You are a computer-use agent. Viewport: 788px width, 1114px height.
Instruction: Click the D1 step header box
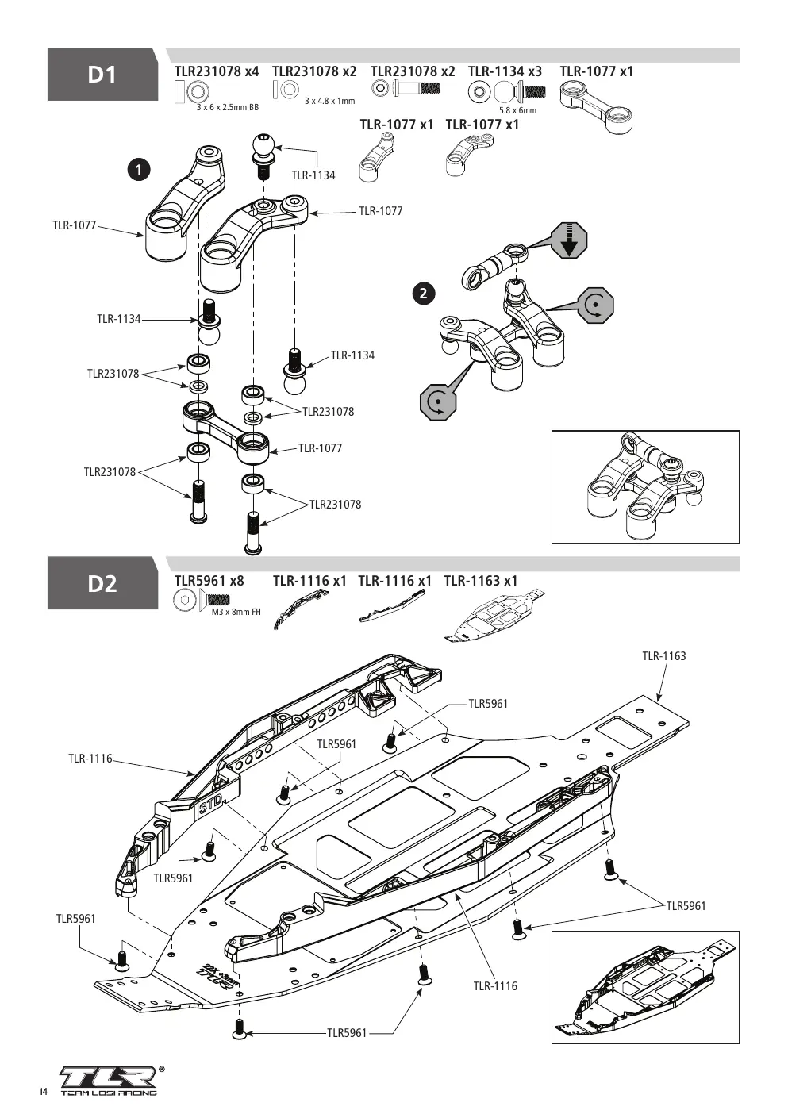click(x=102, y=75)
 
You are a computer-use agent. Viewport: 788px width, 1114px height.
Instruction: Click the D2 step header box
click(x=102, y=583)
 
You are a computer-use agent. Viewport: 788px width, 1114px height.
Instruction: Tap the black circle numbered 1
click(x=139, y=170)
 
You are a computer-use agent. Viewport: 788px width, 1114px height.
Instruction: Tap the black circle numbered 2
click(x=423, y=294)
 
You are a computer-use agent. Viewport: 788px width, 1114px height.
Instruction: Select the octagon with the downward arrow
click(x=570, y=240)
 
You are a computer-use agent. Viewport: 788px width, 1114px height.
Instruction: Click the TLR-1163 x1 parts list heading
click(x=481, y=580)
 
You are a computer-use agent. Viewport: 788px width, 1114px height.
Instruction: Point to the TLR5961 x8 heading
click(x=209, y=580)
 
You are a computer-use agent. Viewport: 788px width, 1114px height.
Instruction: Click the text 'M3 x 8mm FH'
click(x=236, y=612)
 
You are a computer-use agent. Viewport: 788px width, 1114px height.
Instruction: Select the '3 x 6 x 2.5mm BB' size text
click(x=228, y=107)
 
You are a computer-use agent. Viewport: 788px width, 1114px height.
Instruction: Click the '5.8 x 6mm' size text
click(x=518, y=110)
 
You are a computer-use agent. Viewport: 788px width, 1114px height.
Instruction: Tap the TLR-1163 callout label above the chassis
click(x=663, y=656)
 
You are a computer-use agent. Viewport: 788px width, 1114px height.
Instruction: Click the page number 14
click(x=44, y=1092)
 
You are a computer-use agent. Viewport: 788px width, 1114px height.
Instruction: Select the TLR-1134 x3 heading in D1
click(x=505, y=71)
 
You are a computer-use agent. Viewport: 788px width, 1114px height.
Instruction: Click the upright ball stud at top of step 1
click(x=263, y=156)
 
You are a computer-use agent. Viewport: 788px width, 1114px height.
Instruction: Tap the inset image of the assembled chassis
click(x=645, y=987)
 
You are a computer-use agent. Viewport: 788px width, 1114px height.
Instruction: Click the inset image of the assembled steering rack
click(x=645, y=486)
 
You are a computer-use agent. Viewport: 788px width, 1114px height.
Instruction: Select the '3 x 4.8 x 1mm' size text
click(x=330, y=101)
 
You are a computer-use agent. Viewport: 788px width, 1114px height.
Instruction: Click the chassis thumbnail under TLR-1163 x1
click(x=494, y=617)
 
